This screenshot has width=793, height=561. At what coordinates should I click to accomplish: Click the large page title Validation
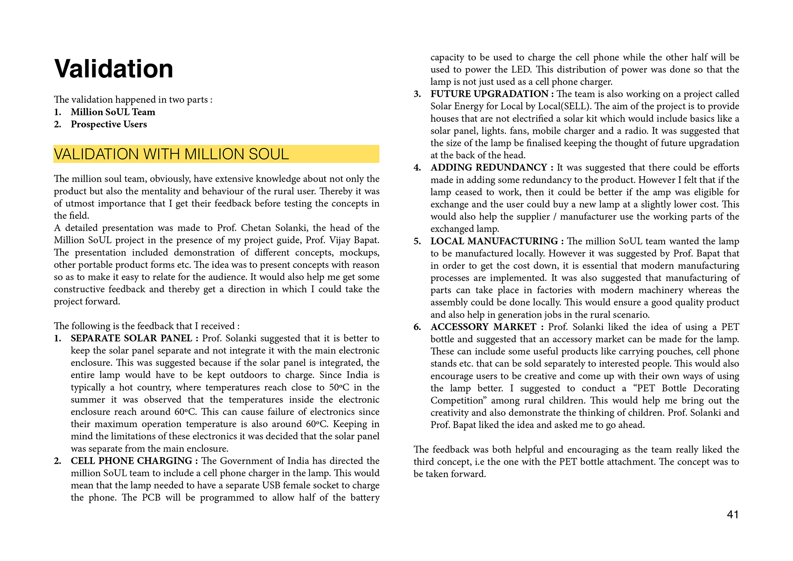tap(114, 69)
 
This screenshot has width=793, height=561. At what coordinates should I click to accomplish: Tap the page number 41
tap(733, 515)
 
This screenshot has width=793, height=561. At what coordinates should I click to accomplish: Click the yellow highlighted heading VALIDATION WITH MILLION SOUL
tap(171, 154)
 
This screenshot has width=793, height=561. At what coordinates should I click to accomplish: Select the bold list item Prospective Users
tap(109, 124)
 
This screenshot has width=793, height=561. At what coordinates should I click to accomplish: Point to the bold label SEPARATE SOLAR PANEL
tap(132, 338)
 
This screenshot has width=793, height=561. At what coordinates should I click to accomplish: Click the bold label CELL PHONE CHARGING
tap(132, 461)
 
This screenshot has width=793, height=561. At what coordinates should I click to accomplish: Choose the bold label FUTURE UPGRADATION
tap(489, 94)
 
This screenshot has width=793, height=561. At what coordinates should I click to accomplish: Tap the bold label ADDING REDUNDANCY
tap(489, 167)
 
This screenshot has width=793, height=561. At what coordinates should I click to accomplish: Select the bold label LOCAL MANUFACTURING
tap(494, 241)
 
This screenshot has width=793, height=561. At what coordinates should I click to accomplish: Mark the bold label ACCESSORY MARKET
tap(483, 327)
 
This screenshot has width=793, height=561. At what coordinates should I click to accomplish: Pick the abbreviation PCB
tap(151, 498)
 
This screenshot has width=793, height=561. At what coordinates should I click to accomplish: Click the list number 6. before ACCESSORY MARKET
tap(417, 327)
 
